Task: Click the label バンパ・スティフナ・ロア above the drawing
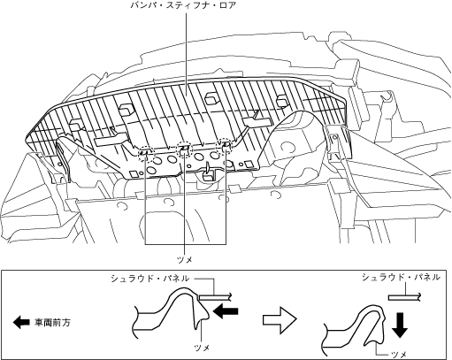coord(183,5)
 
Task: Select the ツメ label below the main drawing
coord(185,260)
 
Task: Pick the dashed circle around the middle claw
coord(185,149)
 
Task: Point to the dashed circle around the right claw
coord(225,146)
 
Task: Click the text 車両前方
coord(53,322)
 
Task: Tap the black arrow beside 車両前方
coord(21,322)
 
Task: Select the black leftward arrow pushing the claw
coord(226,311)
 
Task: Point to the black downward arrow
coord(401,326)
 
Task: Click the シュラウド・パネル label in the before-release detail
coord(150,279)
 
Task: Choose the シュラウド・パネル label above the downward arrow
coord(401,278)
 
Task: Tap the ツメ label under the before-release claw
coord(202,348)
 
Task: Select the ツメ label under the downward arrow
coord(399,355)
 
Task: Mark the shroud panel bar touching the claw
coord(216,297)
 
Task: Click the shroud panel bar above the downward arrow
coord(406,298)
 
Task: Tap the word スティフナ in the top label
coord(186,5)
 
